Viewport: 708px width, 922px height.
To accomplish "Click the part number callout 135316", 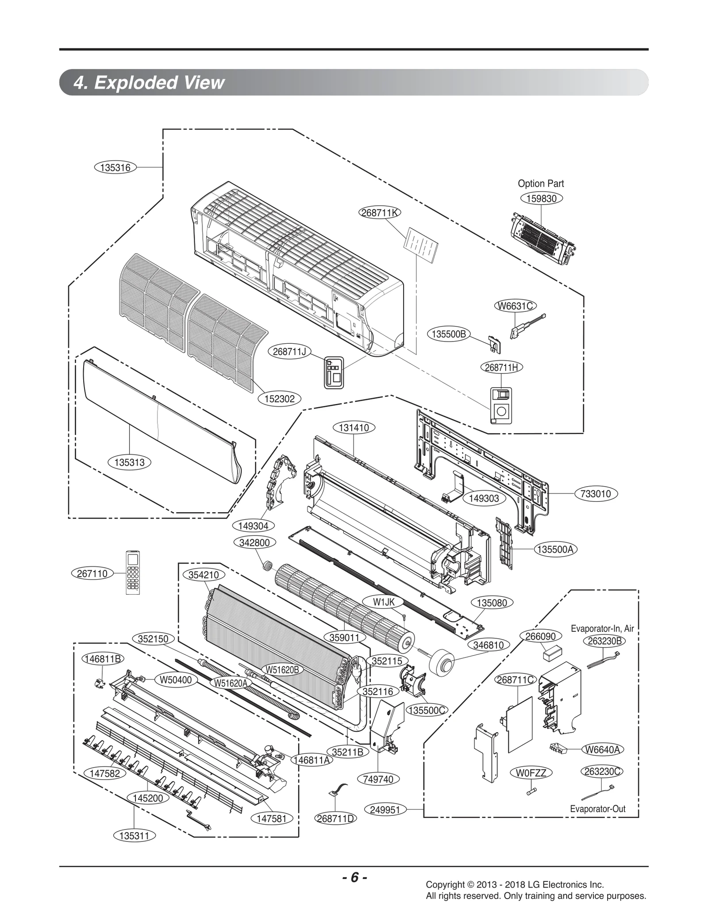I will (115, 168).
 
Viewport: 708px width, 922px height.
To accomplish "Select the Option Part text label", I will (541, 184).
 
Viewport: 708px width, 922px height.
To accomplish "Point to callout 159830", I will (541, 199).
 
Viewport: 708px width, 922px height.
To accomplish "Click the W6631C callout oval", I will (515, 306).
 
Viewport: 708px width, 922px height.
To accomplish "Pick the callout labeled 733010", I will (596, 494).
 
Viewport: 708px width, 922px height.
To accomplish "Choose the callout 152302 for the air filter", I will (279, 399).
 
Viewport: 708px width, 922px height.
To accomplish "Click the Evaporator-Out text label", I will (597, 809).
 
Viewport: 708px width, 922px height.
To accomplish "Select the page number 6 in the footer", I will (354, 877).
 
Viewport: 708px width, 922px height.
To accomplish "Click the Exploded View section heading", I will (149, 83).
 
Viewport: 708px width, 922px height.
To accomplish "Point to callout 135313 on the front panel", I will (129, 462).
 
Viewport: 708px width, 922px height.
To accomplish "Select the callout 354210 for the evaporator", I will (204, 575).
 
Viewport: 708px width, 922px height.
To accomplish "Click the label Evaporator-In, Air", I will (602, 629).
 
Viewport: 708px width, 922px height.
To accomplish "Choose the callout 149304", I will (253, 526).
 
